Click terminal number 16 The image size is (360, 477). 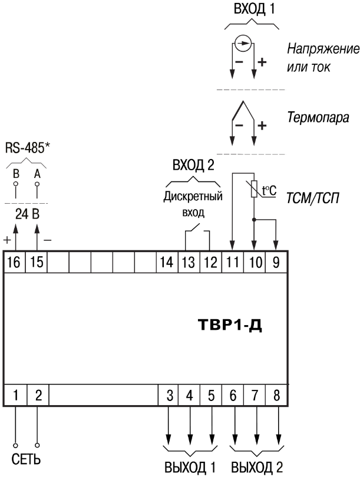[x=15, y=262]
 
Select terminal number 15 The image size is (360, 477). [x=37, y=262]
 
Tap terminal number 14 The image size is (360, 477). [x=169, y=262]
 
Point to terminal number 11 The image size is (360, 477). [x=233, y=262]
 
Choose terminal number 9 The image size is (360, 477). [x=276, y=262]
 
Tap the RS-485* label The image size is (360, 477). [x=26, y=148]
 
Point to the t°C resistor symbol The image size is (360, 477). [x=255, y=190]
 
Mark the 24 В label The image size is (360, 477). [x=26, y=213]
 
